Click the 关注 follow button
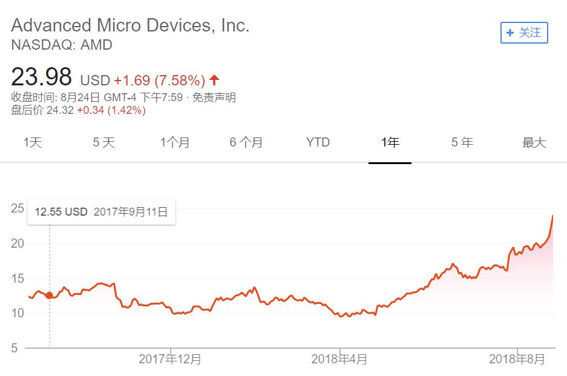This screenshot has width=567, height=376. [x=524, y=33]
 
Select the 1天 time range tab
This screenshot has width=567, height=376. [x=33, y=143]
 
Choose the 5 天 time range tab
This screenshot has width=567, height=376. [x=103, y=143]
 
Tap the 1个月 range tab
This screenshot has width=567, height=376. [x=175, y=143]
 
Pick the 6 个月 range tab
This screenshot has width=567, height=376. [x=246, y=143]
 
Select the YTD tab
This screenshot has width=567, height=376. [x=318, y=143]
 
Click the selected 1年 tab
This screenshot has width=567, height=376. [x=390, y=143]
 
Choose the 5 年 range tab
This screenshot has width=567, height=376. [x=462, y=143]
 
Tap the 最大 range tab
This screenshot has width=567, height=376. [x=534, y=143]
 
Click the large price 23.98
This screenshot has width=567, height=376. [x=42, y=78]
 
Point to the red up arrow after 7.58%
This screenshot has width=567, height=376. [x=214, y=80]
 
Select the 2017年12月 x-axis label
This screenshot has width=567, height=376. [x=170, y=359]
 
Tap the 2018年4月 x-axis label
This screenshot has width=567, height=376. [x=339, y=359]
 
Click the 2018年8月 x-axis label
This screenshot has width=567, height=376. [x=517, y=359]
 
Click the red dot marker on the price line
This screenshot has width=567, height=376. [x=49, y=295]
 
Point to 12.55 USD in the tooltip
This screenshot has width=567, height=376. [x=61, y=212]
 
